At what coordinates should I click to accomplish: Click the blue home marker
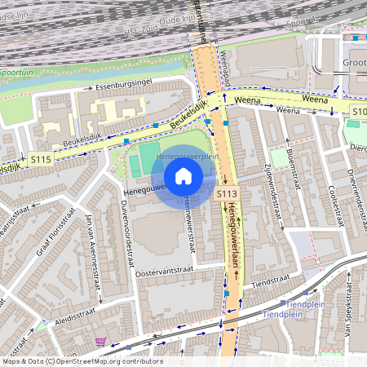coord(183,176)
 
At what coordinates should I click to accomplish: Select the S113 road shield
coord(227,193)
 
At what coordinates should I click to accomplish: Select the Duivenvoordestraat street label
coord(127,231)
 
